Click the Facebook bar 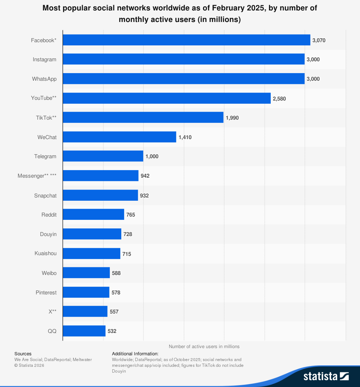(x=186, y=40)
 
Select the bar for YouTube (x=167, y=98)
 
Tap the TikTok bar (x=143, y=117)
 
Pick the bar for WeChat (x=120, y=137)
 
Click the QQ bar (x=84, y=331)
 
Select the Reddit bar (x=94, y=214)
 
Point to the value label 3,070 (x=319, y=40)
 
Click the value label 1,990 (x=232, y=118)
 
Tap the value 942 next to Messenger (x=145, y=176)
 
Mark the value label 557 (x=114, y=312)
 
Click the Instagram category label (x=45, y=59)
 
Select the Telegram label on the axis (x=45, y=156)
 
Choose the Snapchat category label (x=45, y=195)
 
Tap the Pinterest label (x=46, y=292)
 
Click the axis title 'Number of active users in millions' (x=204, y=346)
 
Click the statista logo (x=326, y=376)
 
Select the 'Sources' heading (x=23, y=353)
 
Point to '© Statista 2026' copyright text (x=29, y=365)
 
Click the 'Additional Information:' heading (x=135, y=353)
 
